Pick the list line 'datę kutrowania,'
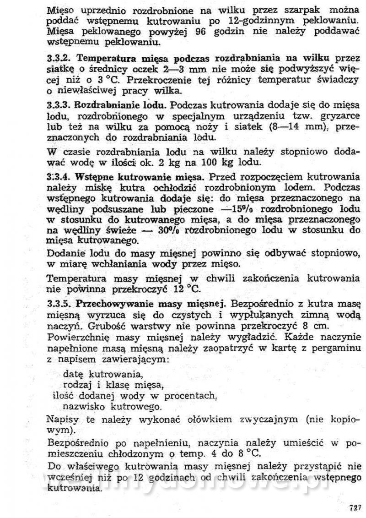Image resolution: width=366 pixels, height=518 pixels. (97, 373)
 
